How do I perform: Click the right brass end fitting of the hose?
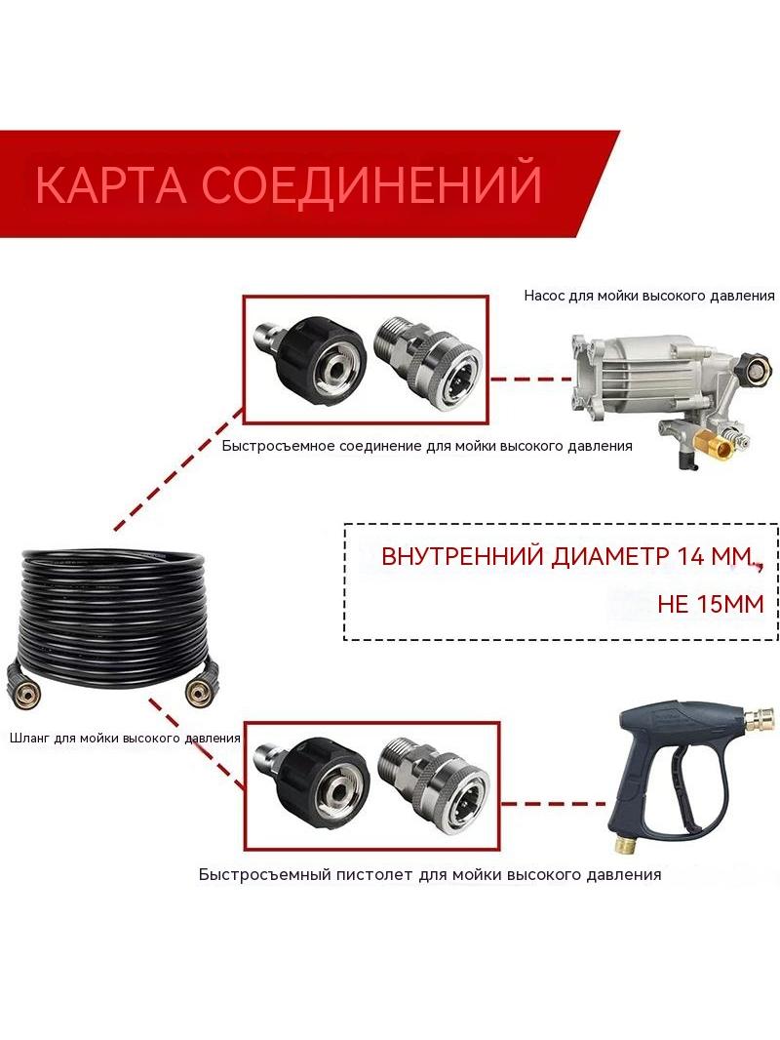pyautogui.click(x=197, y=693)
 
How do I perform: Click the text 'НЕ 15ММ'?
pyautogui.click(x=710, y=604)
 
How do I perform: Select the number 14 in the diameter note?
pyautogui.click(x=689, y=556)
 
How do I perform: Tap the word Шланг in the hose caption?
pyautogui.click(x=30, y=739)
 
